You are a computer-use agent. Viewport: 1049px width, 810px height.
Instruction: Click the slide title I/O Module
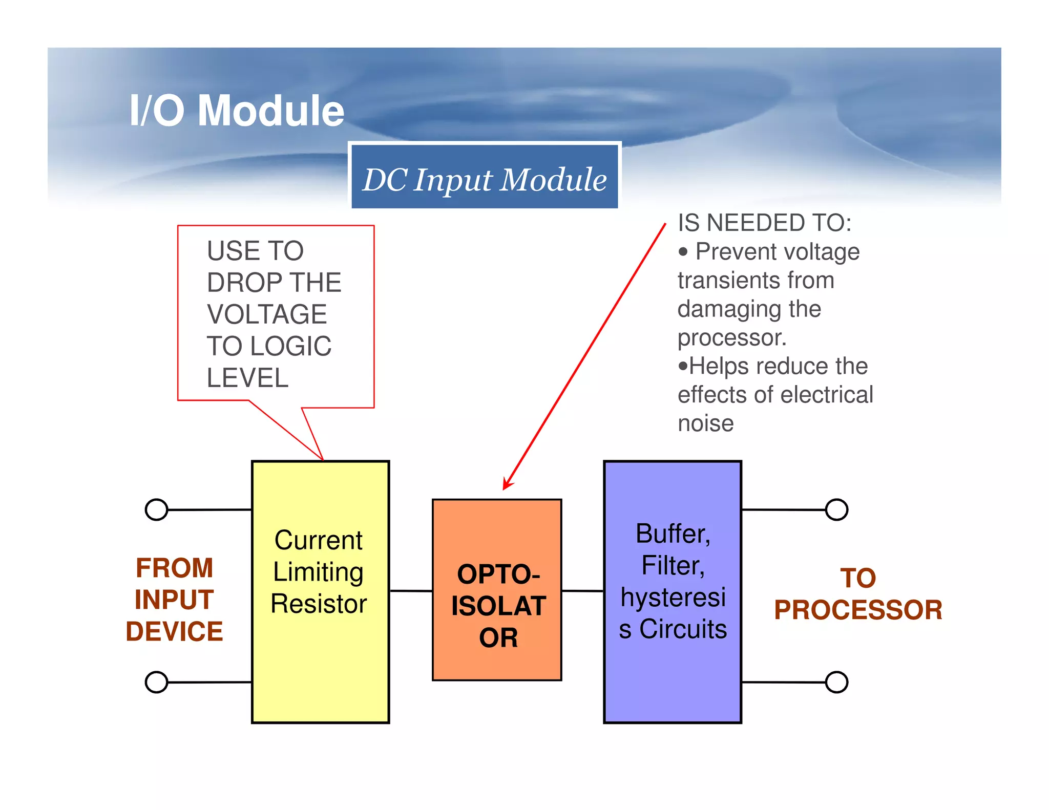(x=237, y=111)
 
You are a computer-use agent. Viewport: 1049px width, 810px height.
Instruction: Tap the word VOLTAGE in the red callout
(x=267, y=314)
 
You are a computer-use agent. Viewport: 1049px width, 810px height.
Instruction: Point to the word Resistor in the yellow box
(x=319, y=604)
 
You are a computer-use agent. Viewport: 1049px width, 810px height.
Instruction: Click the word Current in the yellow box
(x=319, y=540)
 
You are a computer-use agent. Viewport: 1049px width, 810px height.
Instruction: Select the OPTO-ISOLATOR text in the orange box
(x=498, y=606)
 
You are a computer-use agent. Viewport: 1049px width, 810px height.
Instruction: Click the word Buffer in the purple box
(x=672, y=534)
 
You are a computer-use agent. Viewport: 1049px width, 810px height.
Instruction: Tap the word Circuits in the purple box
(x=683, y=629)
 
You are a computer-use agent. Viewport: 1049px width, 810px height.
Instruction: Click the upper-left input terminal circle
(x=156, y=509)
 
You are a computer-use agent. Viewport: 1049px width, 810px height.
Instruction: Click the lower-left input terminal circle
(x=156, y=682)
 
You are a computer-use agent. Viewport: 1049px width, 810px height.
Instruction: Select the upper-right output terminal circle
(x=836, y=509)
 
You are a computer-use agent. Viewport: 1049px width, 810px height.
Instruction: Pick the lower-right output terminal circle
(x=836, y=682)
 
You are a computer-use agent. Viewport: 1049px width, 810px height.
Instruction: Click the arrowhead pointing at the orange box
(x=507, y=484)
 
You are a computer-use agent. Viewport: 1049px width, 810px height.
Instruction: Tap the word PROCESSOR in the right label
(x=858, y=610)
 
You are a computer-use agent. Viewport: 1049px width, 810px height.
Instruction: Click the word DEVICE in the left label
(x=174, y=631)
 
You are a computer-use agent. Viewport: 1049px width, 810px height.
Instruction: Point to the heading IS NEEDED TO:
(x=764, y=223)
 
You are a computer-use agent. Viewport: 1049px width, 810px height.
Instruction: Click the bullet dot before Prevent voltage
(x=683, y=252)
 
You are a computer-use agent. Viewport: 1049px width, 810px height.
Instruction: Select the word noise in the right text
(x=705, y=423)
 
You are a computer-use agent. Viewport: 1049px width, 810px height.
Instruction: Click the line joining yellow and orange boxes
(x=411, y=591)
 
